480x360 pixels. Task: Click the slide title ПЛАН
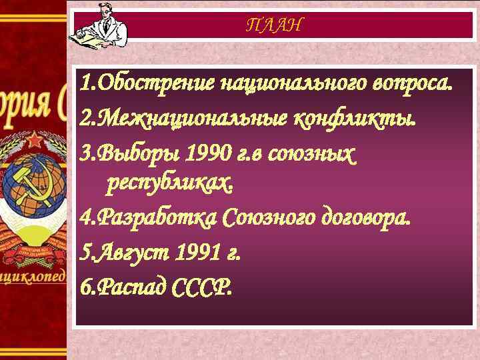point(274,25)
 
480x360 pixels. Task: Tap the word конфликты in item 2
point(355,119)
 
